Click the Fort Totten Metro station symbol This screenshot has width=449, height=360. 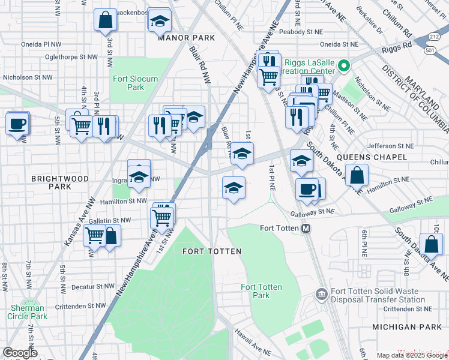306,228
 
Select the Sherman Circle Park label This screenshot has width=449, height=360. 28,312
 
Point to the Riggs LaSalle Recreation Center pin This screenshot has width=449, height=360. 344,66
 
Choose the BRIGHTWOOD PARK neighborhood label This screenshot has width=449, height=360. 60,183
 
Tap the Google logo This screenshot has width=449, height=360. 20,353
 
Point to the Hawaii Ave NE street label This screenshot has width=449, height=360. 251,348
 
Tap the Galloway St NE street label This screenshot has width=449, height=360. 312,211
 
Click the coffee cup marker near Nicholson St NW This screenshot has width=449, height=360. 17,124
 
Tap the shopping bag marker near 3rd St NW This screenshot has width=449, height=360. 106,20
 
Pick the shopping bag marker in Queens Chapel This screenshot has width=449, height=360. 357,176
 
